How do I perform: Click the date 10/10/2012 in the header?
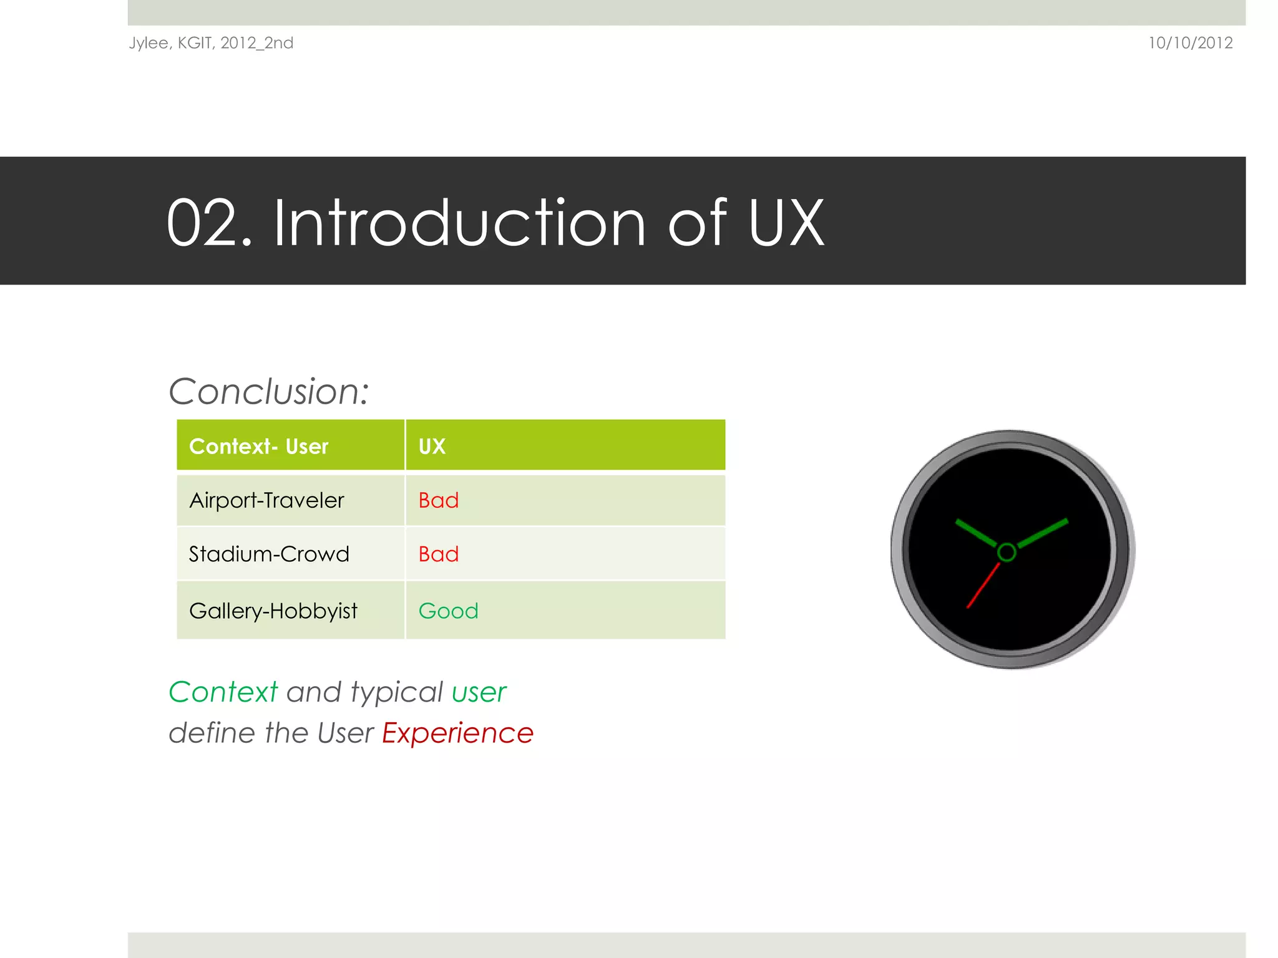(x=1190, y=43)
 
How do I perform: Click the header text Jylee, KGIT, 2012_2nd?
(x=211, y=43)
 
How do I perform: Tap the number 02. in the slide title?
(x=209, y=223)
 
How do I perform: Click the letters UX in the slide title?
(x=786, y=223)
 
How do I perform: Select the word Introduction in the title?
(x=459, y=223)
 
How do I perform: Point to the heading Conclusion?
(x=269, y=392)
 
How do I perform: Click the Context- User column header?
(x=258, y=447)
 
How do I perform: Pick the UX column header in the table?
(x=432, y=447)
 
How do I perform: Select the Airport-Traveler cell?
(x=266, y=500)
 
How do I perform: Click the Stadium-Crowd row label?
(x=269, y=554)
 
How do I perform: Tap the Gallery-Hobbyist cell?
(x=273, y=611)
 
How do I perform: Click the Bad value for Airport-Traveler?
(x=439, y=500)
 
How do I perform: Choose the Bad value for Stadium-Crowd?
(x=439, y=554)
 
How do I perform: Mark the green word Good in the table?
(x=448, y=611)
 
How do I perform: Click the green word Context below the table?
(x=223, y=692)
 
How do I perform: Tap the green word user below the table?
(x=479, y=692)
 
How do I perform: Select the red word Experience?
(x=457, y=733)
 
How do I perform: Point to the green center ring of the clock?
(x=1007, y=552)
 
